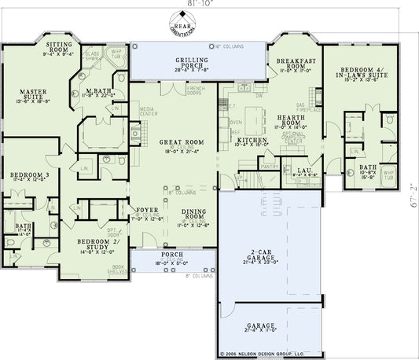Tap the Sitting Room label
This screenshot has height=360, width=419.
click(58, 49)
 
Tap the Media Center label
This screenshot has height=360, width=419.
click(146, 112)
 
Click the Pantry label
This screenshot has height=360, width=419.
click(270, 167)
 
